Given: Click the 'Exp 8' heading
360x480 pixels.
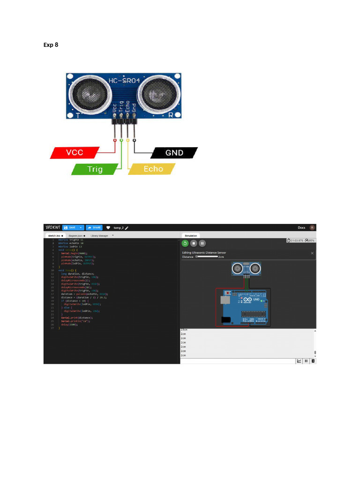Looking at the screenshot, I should click(51, 45).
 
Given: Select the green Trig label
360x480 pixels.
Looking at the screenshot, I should click(95, 169).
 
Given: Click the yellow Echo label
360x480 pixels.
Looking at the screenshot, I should click(152, 169).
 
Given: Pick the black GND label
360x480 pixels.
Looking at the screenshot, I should click(174, 153).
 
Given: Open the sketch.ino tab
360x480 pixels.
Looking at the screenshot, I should click(55, 235).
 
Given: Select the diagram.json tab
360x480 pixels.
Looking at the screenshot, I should click(75, 235).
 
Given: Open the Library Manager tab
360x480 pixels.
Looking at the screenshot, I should click(99, 235).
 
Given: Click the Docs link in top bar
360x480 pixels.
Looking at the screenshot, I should click(301, 227).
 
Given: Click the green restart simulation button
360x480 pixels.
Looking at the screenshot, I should click(185, 243).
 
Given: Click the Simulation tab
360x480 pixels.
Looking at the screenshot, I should click(191, 235).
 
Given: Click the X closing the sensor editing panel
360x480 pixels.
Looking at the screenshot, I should click(313, 253).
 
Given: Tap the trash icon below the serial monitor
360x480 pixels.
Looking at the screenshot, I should click(313, 360).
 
